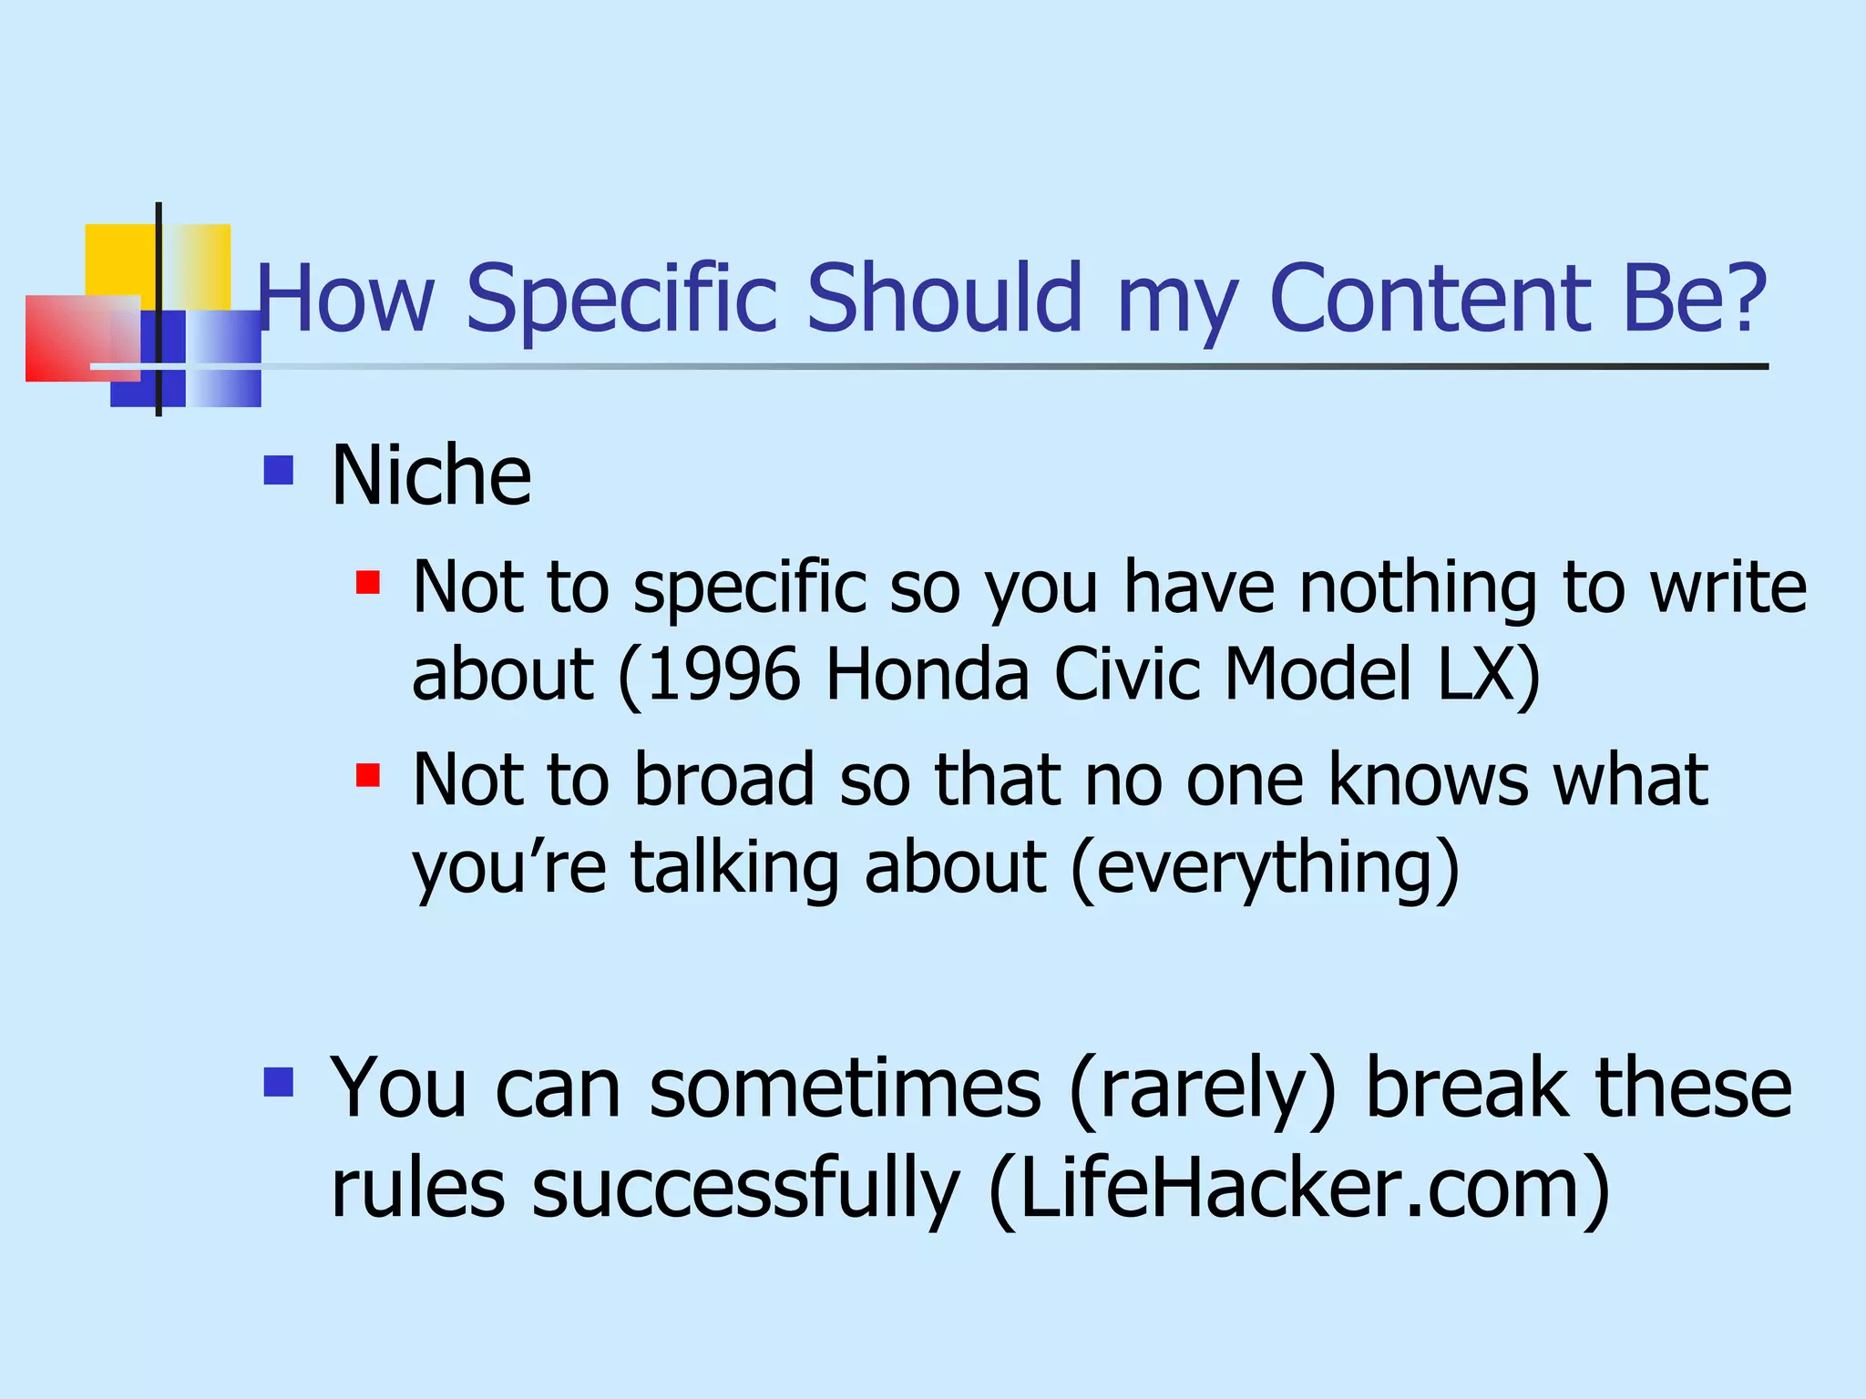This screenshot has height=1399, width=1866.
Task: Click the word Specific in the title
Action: (621, 299)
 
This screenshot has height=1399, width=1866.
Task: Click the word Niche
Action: (431, 475)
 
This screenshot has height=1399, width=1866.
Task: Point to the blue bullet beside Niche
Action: (278, 471)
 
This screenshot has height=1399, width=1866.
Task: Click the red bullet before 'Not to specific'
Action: (368, 582)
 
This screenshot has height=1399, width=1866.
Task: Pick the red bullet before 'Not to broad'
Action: (368, 775)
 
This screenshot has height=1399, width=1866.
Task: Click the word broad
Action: (723, 780)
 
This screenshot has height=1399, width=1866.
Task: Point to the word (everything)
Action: (1265, 868)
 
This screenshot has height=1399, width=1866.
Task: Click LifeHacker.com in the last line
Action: (1298, 1189)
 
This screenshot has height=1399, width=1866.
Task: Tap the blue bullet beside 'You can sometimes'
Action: (278, 1082)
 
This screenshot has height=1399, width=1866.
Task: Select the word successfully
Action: (745, 1189)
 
